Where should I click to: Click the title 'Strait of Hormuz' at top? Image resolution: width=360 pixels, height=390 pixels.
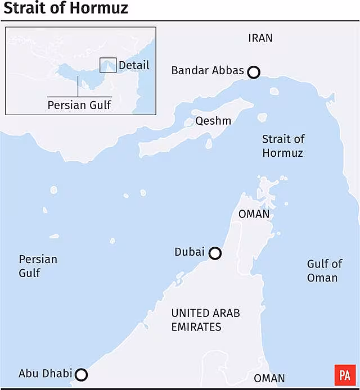[x=66, y=9]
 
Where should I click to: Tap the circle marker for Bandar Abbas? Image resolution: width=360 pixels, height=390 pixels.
[x=254, y=72]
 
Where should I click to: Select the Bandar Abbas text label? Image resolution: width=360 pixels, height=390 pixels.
[x=208, y=71]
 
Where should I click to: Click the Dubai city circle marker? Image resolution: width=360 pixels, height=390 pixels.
[x=215, y=253]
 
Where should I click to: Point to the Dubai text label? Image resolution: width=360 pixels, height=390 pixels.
[x=190, y=252]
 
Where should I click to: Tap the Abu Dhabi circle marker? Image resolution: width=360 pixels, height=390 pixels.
[x=82, y=375]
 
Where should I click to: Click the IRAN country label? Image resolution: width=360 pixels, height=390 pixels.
[x=260, y=38]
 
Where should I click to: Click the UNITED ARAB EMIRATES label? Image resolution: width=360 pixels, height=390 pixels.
[x=205, y=320]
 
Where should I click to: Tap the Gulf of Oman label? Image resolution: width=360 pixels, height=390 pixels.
[x=324, y=271]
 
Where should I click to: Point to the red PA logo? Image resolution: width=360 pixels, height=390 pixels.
[x=344, y=374]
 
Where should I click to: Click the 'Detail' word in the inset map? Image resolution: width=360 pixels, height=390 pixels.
[x=134, y=65]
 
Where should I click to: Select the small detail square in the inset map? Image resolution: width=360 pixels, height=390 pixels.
[x=108, y=65]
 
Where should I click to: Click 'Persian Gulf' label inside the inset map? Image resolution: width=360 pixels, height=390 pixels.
[x=79, y=105]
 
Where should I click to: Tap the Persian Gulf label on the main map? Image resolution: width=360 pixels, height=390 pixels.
[x=38, y=266]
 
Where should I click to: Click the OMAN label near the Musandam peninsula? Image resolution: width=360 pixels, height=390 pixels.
[x=254, y=214]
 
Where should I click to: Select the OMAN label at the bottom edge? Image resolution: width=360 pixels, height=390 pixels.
[x=269, y=379]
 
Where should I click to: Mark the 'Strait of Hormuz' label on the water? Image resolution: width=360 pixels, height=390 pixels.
[x=283, y=146]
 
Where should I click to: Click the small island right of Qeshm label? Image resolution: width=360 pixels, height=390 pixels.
[x=262, y=118]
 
